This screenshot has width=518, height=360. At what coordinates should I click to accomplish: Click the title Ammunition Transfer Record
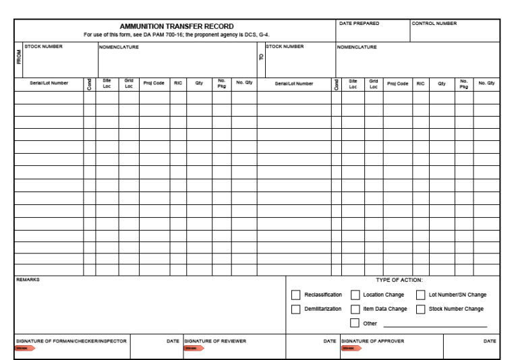(176, 26)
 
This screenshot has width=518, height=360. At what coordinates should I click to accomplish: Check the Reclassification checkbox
(295, 295)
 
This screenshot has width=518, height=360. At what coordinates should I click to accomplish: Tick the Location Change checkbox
(355, 295)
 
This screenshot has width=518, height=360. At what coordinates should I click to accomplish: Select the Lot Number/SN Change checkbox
(420, 295)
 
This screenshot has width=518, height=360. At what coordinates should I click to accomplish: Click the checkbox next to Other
(355, 323)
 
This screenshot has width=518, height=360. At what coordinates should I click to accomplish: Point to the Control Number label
(434, 24)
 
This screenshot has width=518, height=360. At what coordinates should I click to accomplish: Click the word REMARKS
(28, 278)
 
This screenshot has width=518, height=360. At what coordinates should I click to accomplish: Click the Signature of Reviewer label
(215, 341)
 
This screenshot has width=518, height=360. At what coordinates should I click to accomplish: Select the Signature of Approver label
(373, 341)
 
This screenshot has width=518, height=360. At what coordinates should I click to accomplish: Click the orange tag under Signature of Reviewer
(193, 349)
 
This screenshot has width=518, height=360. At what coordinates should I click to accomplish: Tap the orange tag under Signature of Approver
(351, 349)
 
